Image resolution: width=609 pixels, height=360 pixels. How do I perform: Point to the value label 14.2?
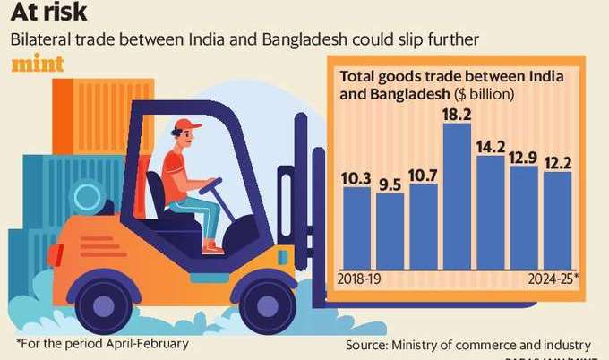tap(491, 147)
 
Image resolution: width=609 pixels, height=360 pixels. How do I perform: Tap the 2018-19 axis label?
tap(359, 278)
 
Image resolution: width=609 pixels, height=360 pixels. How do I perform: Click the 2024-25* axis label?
tap(550, 278)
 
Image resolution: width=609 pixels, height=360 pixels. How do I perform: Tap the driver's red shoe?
tap(213, 246)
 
